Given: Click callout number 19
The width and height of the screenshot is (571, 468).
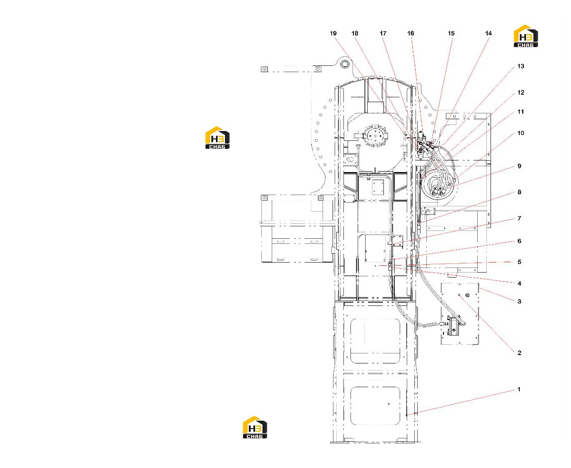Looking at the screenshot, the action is coord(333,33).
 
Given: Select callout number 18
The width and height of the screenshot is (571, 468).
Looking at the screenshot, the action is coord(355,33).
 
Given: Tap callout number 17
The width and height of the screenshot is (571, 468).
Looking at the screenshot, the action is coord(383,33).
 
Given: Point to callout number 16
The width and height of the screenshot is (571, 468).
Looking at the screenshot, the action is coord(411,33).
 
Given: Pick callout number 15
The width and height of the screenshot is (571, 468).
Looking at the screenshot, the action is coord(451,33).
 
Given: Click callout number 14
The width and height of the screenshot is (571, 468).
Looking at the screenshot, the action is coord(488,33).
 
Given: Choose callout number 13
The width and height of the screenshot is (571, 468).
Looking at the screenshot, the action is coord(521,66).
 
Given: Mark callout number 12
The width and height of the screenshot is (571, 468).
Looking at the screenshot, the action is coord(521,93).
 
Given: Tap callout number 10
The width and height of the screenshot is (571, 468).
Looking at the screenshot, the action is coord(521,133).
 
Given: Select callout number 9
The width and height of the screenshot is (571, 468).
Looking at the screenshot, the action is coord(519,166).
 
